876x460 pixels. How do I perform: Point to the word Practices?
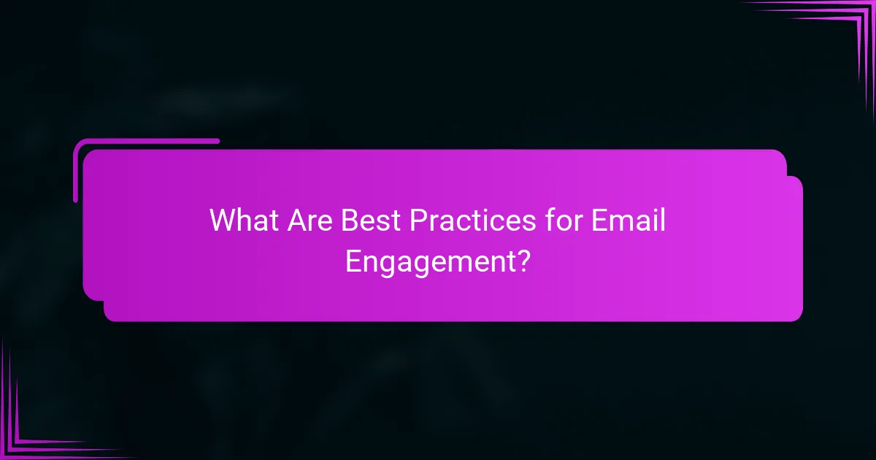point(464,220)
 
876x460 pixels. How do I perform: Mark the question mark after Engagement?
point(522,260)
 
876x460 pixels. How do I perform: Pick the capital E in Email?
point(596,220)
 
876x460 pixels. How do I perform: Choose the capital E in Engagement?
point(353,260)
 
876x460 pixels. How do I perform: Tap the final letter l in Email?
point(662,220)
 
